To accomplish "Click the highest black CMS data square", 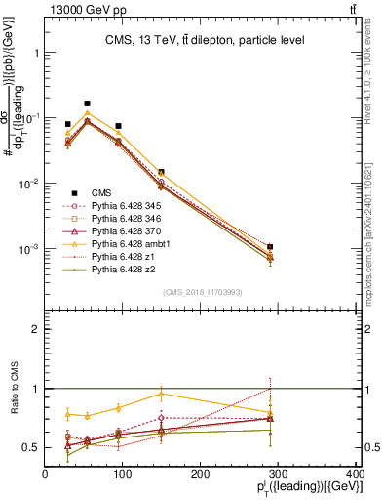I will (x=87, y=104).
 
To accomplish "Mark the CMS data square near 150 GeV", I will (x=161, y=172).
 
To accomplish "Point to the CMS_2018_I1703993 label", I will (x=202, y=291).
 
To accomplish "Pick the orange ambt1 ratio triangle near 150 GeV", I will (x=161, y=394).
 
